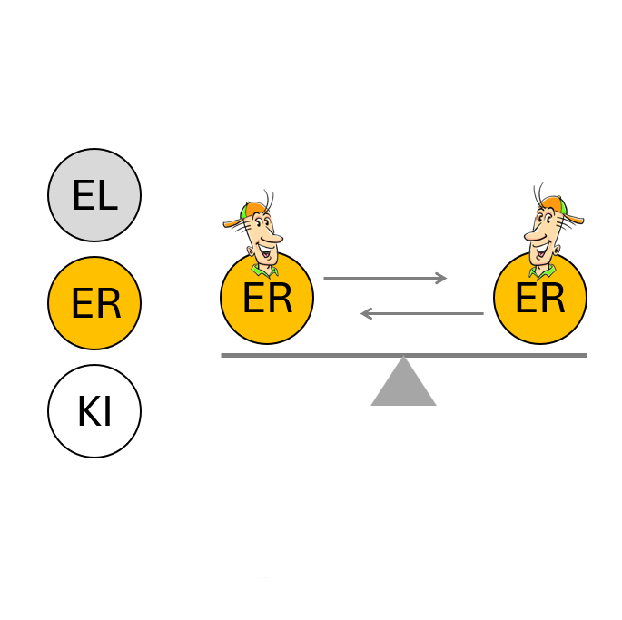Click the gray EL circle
pyautogui.click(x=94, y=195)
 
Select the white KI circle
pyautogui.click(x=94, y=411)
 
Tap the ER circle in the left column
pyautogui.click(x=94, y=303)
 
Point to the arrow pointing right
pyautogui.click(x=385, y=278)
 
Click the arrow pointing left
pyautogui.click(x=421, y=314)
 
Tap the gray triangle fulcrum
pyautogui.click(x=403, y=385)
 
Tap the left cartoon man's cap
pyautogui.click(x=242, y=214)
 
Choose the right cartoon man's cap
pyautogui.click(x=565, y=212)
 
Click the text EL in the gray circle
pyautogui.click(x=94, y=196)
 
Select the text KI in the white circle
pyautogui.click(x=94, y=412)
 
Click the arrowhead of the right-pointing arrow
pyautogui.click(x=442, y=278)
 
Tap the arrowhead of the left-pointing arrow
pyautogui.click(x=366, y=314)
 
